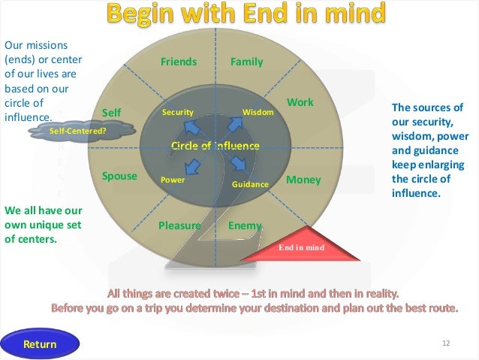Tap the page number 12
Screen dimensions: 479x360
click(x=445, y=343)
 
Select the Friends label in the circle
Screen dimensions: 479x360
click(x=179, y=62)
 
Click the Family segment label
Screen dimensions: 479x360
click(x=246, y=62)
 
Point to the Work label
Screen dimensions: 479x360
click(x=300, y=101)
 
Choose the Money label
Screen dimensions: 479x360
click(x=303, y=180)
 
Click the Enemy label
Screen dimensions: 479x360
click(x=244, y=225)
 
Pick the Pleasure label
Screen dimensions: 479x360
click(x=179, y=225)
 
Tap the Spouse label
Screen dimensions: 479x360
click(x=119, y=176)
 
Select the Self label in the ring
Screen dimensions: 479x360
click(x=111, y=113)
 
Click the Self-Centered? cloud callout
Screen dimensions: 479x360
click(x=77, y=131)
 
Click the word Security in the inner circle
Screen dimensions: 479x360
click(x=178, y=113)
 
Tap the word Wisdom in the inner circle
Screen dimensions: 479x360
click(x=258, y=113)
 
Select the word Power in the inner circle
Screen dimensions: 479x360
click(x=173, y=180)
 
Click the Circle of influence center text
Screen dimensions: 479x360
click(x=215, y=144)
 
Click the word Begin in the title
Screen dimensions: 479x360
click(x=146, y=13)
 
